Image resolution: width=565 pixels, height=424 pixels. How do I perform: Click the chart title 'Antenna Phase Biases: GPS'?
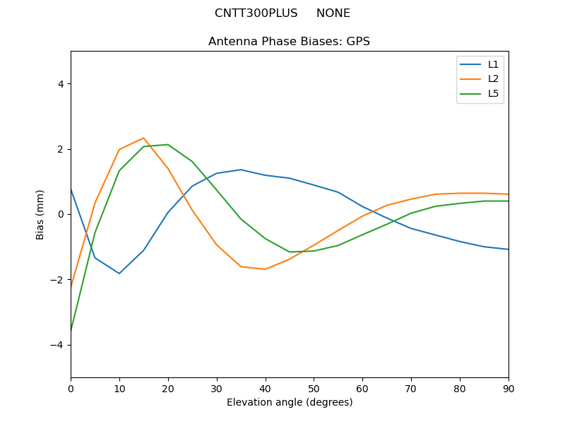pyautogui.click(x=289, y=42)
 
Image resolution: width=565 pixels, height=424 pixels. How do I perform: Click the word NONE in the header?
pyautogui.click(x=333, y=13)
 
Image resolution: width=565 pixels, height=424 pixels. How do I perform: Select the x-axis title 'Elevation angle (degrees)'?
pyautogui.click(x=290, y=403)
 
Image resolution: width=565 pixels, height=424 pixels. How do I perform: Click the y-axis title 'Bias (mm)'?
pyautogui.click(x=40, y=214)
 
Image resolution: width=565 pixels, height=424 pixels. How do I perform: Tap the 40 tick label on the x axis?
pyautogui.click(x=266, y=388)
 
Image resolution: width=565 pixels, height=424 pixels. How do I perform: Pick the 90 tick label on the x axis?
pyautogui.click(x=509, y=388)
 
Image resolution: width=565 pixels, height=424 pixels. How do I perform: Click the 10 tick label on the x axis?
pyautogui.click(x=119, y=388)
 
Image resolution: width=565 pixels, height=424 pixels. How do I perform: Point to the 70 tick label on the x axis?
pyautogui.click(x=411, y=388)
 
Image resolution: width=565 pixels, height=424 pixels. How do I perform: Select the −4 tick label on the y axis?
pyautogui.click(x=57, y=345)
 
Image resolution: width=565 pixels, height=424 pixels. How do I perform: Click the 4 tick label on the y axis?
pyautogui.click(x=61, y=84)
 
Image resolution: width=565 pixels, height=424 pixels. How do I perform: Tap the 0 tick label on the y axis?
pyautogui.click(x=61, y=214)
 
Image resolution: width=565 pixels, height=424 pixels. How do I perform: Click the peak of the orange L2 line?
pyautogui.click(x=143, y=139)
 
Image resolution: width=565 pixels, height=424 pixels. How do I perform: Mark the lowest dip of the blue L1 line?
pyautogui.click(x=119, y=273)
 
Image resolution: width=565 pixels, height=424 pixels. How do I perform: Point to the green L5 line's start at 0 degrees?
pyautogui.click(x=71, y=330)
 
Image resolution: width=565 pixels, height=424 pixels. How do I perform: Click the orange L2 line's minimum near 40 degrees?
pyautogui.click(x=266, y=269)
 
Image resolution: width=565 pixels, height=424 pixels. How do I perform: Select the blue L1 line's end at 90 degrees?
pyautogui.click(x=508, y=249)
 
